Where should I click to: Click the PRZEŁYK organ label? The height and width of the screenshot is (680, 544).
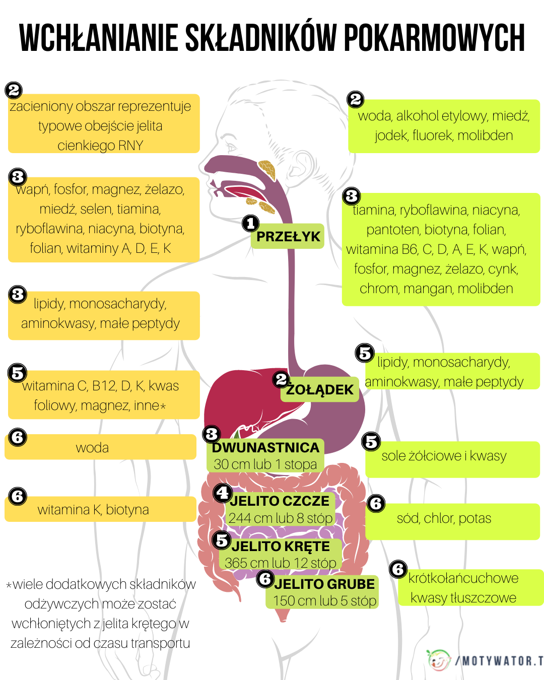coord(288,237)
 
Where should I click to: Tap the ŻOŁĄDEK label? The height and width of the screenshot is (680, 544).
coord(320,390)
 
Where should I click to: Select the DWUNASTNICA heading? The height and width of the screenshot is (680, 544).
coord(265,447)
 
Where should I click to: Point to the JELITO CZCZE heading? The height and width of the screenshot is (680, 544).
coord(280,501)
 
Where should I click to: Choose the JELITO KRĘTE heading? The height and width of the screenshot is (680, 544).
coord(281,546)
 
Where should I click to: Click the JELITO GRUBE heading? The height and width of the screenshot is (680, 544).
coord(324,584)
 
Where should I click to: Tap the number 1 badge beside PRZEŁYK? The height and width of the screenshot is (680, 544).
coord(250,223)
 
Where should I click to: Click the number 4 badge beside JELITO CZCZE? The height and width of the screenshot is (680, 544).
coord(222,493)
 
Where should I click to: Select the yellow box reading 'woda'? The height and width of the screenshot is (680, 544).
coord(100,447)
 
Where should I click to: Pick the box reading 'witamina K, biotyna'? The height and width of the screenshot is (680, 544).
coord(100,509)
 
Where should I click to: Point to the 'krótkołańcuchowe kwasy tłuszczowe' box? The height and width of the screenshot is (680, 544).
coord(470,587)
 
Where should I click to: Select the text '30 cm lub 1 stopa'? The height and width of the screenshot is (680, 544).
coord(265,464)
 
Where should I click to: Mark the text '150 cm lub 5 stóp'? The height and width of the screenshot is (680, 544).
coord(325,600)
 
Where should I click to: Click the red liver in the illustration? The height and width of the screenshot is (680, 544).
coord(237,398)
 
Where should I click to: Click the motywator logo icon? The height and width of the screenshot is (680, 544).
coord(439,660)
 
